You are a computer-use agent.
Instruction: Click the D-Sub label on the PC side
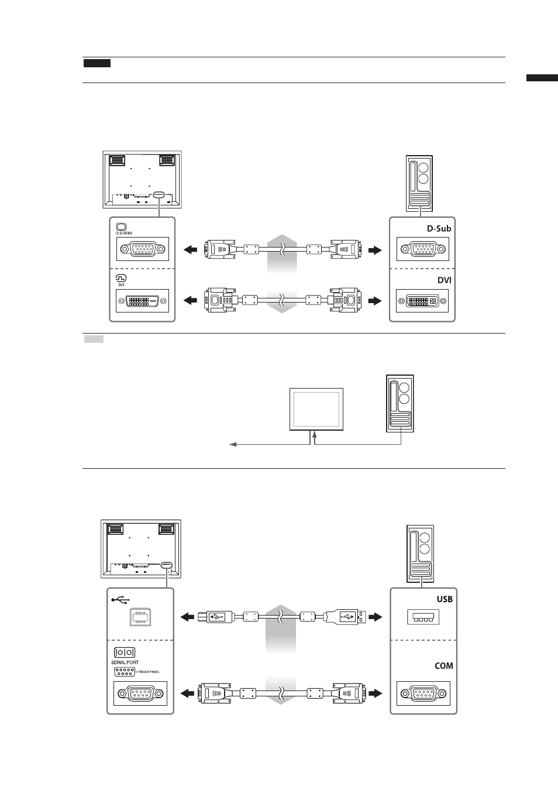[x=439, y=229]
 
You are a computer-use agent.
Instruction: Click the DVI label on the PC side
[x=444, y=280]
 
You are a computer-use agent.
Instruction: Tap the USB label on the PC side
[x=445, y=599]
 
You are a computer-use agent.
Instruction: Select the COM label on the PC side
[x=444, y=666]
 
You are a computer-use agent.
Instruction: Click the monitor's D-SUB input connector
[x=143, y=249]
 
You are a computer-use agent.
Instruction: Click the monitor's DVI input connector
[x=142, y=301]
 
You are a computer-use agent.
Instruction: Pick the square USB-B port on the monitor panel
[x=140, y=617]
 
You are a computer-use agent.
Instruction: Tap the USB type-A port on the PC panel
[x=423, y=617]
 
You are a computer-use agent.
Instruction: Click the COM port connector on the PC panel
[x=423, y=693]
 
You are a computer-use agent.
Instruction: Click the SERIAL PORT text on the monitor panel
[x=125, y=662]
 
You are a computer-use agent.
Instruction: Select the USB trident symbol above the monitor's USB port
[x=121, y=600]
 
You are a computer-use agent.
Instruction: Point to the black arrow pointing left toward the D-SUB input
[x=190, y=250]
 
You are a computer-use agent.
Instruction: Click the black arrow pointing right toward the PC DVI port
[x=375, y=301]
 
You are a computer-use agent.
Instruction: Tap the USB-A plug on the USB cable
[x=345, y=617]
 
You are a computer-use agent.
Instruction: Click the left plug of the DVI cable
[x=221, y=300]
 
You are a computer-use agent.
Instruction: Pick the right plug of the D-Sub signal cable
[x=345, y=250]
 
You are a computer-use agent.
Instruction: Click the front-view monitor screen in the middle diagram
[x=316, y=409]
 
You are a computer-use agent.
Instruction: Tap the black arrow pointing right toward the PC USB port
[x=376, y=617]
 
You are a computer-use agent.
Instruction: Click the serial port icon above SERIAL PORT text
[x=125, y=652]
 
